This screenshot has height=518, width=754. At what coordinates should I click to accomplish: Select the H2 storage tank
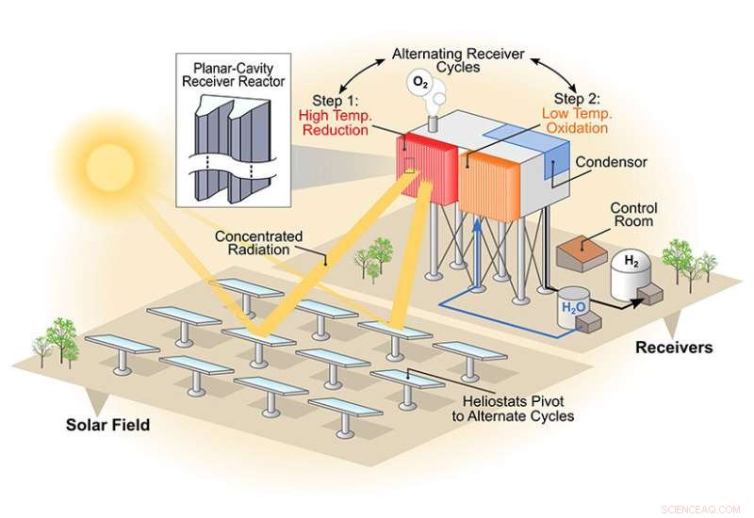pos(634,274)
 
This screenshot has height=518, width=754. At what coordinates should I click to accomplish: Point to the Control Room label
pos(633,216)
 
